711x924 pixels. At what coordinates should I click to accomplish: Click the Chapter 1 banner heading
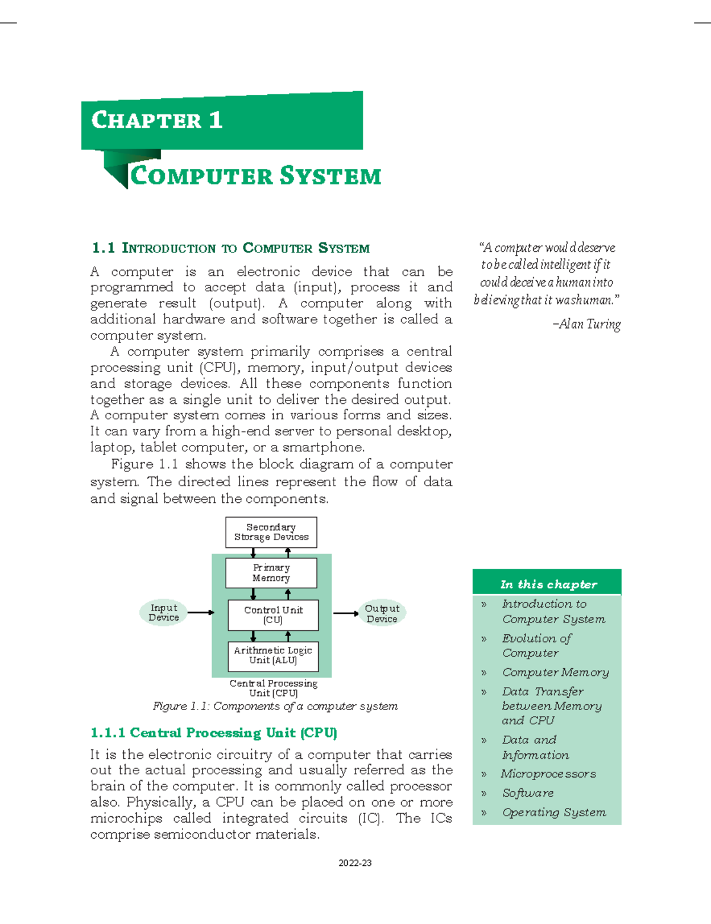157,120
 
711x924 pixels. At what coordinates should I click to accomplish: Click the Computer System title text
255,176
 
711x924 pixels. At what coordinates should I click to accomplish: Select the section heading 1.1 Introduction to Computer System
230,248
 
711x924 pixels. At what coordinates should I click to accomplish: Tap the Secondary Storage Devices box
271,532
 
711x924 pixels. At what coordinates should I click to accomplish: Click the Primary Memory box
271,573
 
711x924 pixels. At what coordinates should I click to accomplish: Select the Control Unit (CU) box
273,615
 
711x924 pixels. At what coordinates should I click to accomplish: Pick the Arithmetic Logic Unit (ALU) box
273,656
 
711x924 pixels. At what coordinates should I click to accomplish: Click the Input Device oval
164,612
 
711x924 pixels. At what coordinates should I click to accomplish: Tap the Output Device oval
382,614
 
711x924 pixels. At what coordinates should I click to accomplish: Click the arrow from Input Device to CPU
201,612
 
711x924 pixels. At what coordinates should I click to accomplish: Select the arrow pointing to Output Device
345,614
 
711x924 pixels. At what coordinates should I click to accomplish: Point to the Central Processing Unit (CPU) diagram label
273,688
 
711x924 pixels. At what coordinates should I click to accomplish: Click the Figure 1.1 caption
275,706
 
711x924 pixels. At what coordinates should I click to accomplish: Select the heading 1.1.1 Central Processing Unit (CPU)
213,733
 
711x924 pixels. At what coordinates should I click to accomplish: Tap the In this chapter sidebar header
548,585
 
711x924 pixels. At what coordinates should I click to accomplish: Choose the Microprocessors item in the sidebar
548,774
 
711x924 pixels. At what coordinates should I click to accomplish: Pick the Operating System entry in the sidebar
553,812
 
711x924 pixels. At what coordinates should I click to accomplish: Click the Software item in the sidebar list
527,793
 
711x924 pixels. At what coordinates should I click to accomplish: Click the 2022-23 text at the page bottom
355,863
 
